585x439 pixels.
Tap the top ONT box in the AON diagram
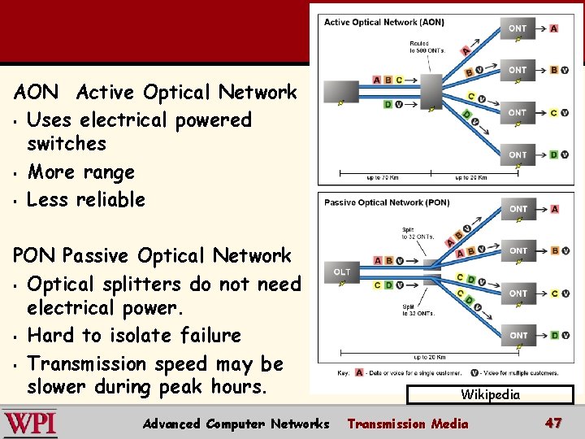click(518, 28)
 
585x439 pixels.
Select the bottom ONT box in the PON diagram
click(518, 335)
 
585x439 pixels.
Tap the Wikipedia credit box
click(490, 395)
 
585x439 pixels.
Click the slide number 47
click(553, 423)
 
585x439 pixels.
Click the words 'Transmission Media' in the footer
click(408, 424)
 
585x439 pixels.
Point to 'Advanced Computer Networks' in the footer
click(236, 424)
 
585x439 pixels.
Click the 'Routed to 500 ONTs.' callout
click(421, 47)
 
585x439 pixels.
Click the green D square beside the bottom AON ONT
click(553, 154)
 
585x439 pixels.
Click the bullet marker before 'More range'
click(16, 173)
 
